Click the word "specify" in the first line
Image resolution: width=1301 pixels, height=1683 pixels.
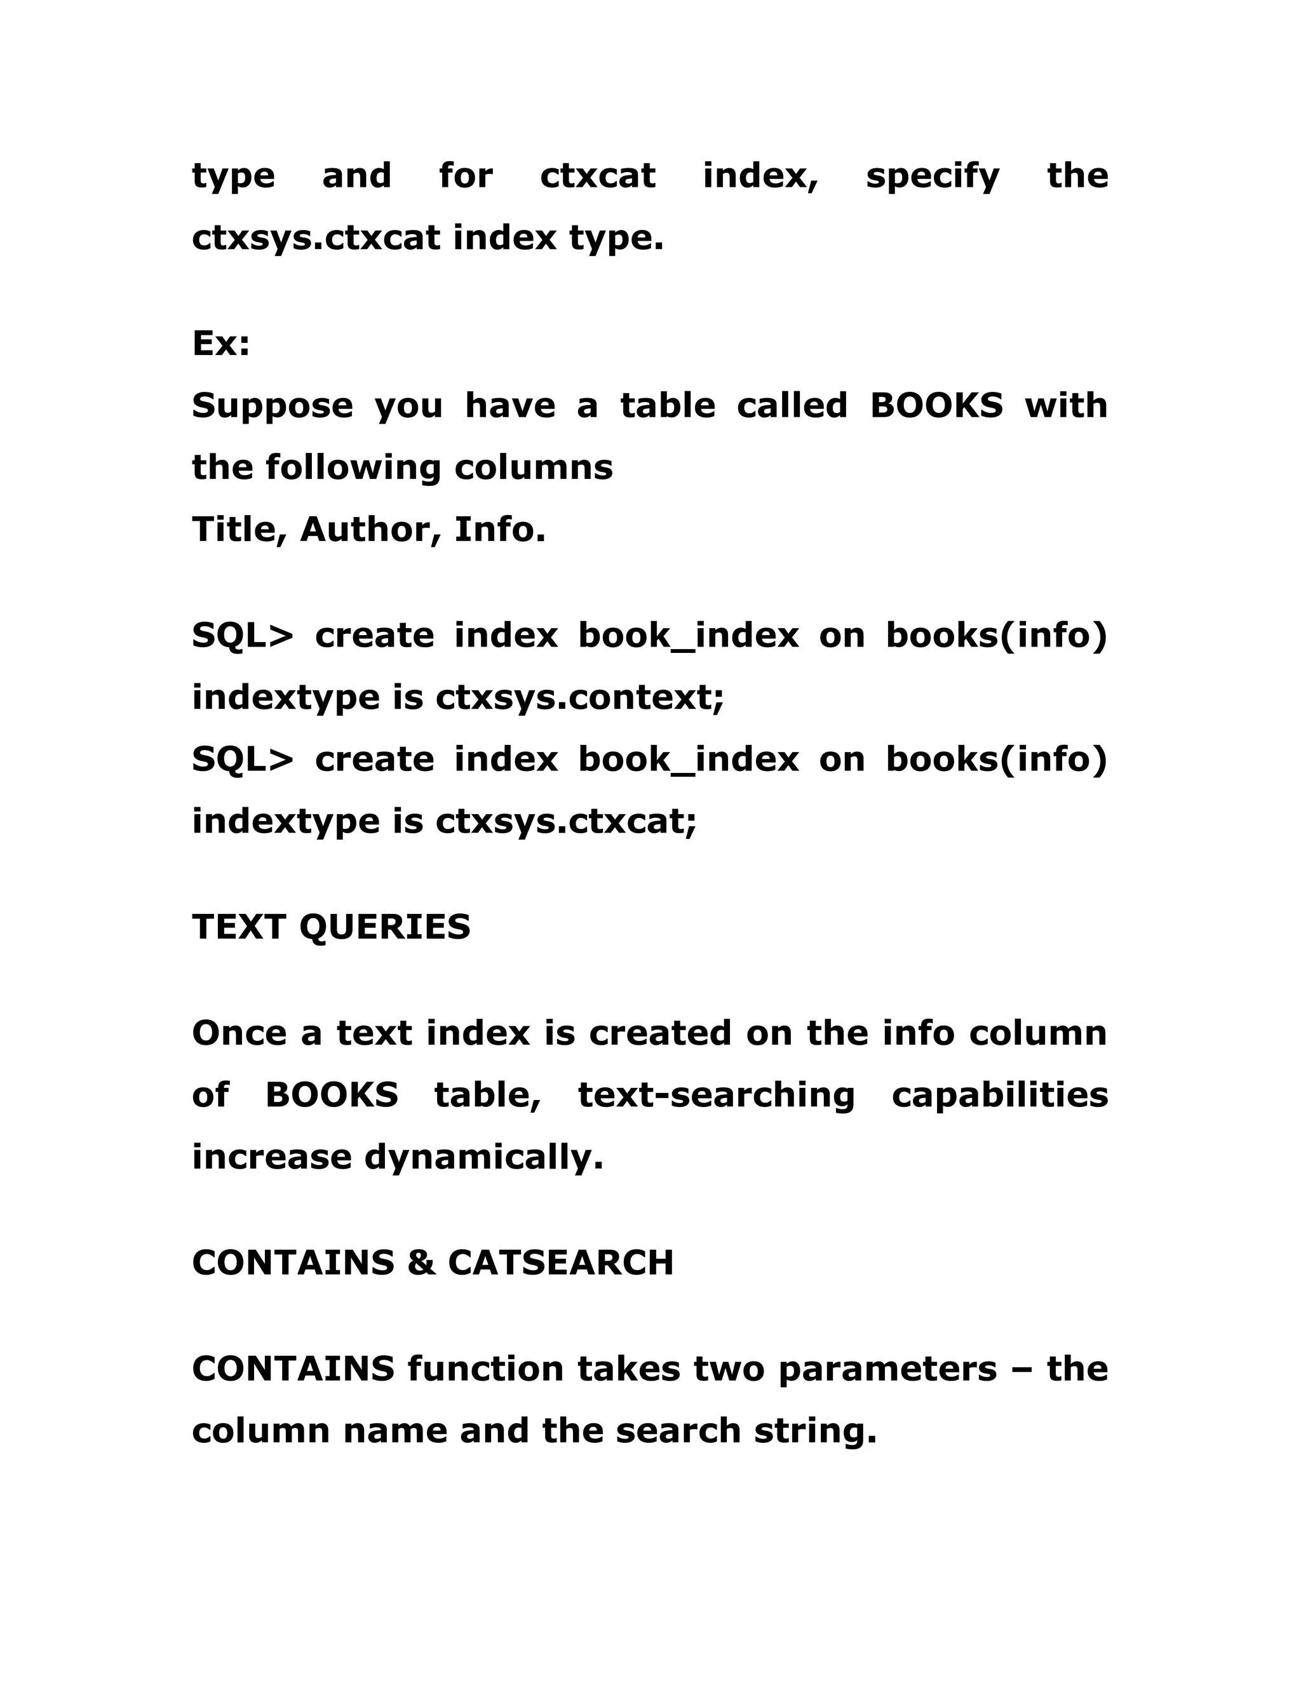pos(932,177)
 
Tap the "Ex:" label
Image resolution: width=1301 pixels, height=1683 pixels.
pos(221,343)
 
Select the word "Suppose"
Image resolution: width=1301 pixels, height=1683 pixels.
pos(272,406)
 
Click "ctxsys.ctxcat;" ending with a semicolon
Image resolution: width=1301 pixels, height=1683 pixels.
pos(566,821)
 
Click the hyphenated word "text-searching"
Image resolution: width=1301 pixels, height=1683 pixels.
pos(716,1096)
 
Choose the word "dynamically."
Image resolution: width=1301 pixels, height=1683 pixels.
pos(483,1157)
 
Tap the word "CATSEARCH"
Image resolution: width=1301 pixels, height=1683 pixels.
pos(560,1263)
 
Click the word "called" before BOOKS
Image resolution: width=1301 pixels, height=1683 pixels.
pos(792,405)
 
